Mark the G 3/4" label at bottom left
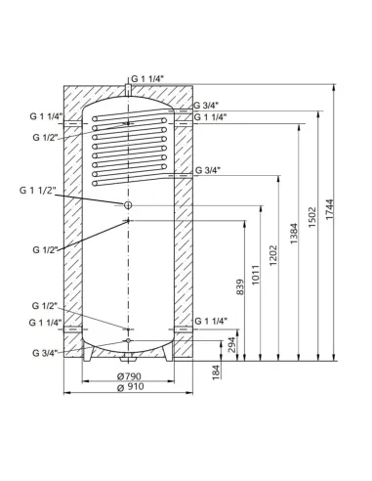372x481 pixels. (45, 352)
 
